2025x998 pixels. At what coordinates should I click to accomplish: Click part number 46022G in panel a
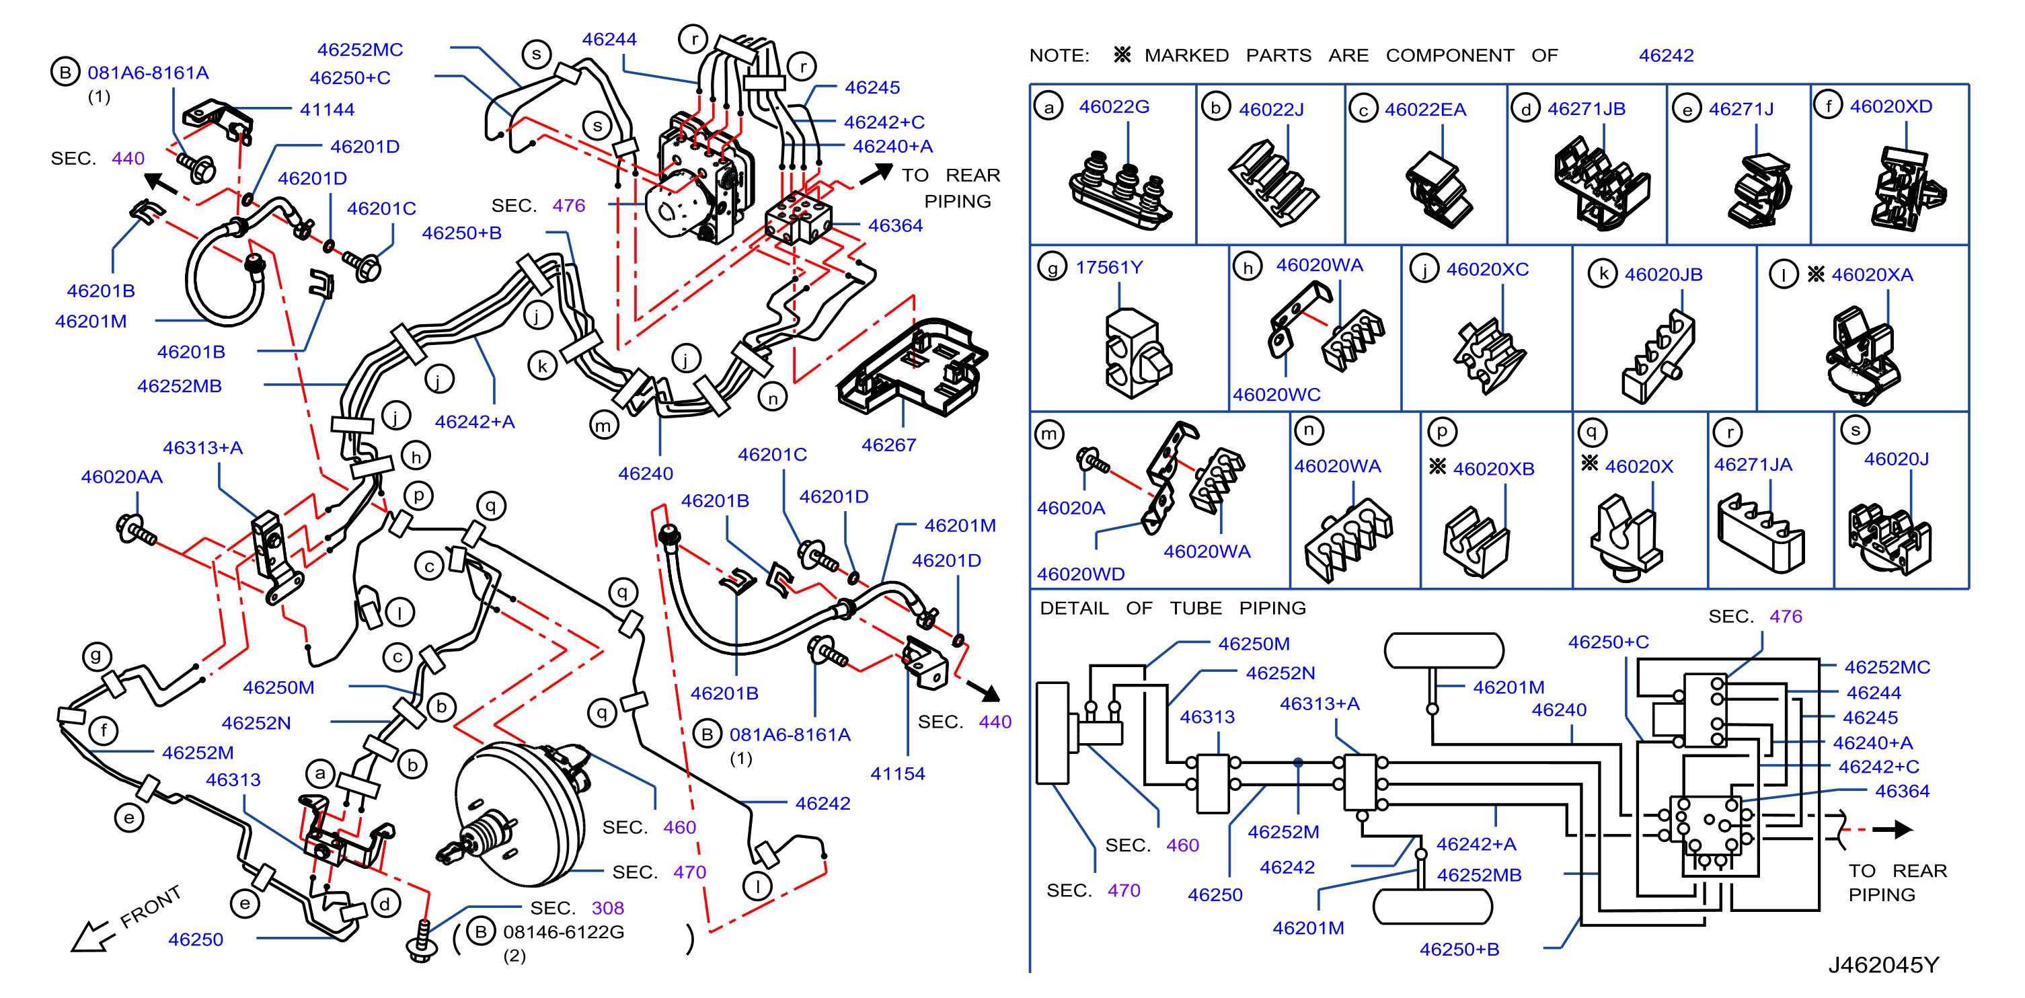1114,107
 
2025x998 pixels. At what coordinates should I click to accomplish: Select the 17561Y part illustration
1137,353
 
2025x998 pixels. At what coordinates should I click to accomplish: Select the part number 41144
327,110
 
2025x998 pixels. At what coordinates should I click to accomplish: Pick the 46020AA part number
122,477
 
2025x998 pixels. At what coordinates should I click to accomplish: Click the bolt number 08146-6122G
564,932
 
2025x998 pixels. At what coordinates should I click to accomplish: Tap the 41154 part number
898,774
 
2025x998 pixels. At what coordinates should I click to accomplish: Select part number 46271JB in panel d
1587,109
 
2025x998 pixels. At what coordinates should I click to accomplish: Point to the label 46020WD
1080,574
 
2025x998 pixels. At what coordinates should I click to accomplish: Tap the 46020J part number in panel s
1896,459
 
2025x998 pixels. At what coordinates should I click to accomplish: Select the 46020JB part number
1663,275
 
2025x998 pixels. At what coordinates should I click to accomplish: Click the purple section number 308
608,909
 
